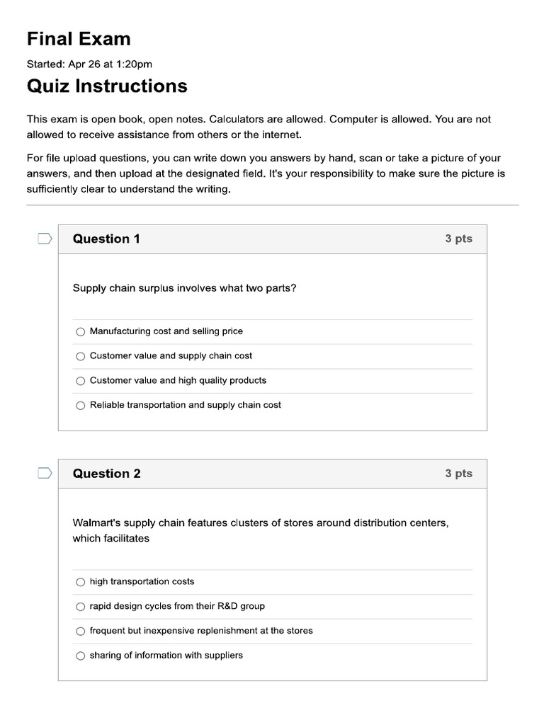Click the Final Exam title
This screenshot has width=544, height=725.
click(79, 38)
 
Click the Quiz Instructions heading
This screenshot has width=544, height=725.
click(107, 86)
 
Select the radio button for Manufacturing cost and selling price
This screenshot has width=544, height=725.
click(80, 331)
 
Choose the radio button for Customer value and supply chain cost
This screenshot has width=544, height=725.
click(80, 356)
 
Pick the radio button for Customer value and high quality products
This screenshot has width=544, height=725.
click(80, 381)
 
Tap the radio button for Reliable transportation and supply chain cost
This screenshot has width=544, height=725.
click(80, 406)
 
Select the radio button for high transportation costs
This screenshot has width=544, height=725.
click(80, 582)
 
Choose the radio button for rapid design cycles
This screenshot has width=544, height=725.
click(80, 607)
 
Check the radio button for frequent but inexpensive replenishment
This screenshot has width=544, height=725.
click(80, 631)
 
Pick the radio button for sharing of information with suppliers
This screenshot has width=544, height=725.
click(80, 656)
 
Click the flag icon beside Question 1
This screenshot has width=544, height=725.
click(45, 239)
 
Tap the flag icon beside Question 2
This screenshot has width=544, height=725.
click(45, 473)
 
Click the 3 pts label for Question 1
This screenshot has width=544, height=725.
click(458, 239)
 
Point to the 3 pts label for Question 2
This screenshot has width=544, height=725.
click(458, 473)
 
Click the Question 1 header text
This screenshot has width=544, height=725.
click(106, 239)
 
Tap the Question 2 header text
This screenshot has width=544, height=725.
click(106, 474)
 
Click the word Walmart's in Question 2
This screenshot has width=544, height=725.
click(96, 523)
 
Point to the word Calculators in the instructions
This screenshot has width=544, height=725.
click(236, 120)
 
